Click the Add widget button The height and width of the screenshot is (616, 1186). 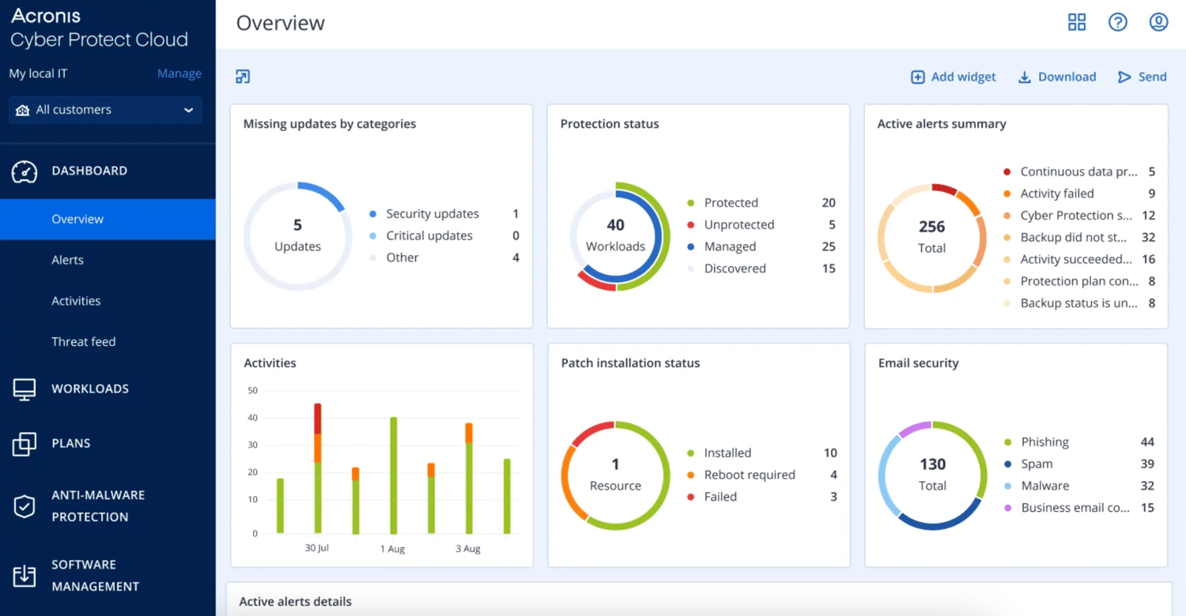pyautogui.click(x=954, y=77)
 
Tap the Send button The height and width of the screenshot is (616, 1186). pyautogui.click(x=1143, y=77)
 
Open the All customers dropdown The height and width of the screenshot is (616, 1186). pyautogui.click(x=105, y=110)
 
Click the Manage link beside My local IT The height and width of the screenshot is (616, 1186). pyautogui.click(x=179, y=73)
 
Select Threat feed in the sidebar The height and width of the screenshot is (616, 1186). pyautogui.click(x=83, y=342)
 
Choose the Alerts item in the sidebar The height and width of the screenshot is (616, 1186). pyautogui.click(x=67, y=260)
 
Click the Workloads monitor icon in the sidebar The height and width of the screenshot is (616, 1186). pyautogui.click(x=25, y=389)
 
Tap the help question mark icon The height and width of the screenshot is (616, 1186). pyautogui.click(x=1117, y=22)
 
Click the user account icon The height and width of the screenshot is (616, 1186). pyautogui.click(x=1158, y=22)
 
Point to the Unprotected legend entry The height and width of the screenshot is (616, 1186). pyautogui.click(x=738, y=225)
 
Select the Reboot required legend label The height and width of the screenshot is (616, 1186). pyautogui.click(x=749, y=475)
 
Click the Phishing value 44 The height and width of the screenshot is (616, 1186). pyautogui.click(x=1146, y=441)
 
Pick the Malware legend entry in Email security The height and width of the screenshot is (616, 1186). pyautogui.click(x=1044, y=486)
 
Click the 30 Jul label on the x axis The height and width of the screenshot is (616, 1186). pyautogui.click(x=317, y=548)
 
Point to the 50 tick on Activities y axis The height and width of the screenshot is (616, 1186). pyautogui.click(x=252, y=390)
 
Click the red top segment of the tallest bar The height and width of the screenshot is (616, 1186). pyautogui.click(x=318, y=418)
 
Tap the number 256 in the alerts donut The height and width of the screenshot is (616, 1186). pyautogui.click(x=931, y=227)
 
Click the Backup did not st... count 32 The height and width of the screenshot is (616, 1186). pyautogui.click(x=1147, y=237)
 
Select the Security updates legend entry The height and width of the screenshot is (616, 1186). pyautogui.click(x=432, y=214)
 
